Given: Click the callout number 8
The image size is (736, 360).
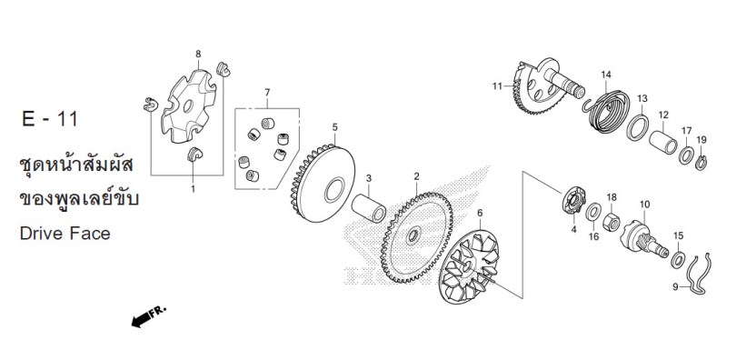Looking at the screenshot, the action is click(x=198, y=54).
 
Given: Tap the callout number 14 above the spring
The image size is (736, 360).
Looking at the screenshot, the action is click(x=606, y=75).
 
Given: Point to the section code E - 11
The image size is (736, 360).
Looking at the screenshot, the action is click(x=50, y=119).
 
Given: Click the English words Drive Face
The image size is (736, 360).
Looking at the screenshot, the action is click(x=65, y=234).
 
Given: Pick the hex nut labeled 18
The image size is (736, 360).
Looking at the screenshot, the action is click(x=612, y=220).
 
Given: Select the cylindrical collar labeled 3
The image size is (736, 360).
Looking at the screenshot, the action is click(x=370, y=208).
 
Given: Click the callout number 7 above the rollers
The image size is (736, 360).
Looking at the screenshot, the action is click(x=267, y=92).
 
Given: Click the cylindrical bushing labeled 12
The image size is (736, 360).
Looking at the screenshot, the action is click(x=662, y=142).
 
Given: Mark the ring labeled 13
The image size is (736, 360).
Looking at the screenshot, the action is click(x=638, y=127).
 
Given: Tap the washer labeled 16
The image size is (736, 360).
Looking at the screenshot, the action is click(x=593, y=212).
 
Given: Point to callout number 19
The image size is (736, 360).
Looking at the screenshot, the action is click(x=701, y=139).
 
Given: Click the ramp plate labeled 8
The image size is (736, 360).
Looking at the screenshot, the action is click(x=188, y=107).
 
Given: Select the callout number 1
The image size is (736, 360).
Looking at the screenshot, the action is click(x=193, y=189).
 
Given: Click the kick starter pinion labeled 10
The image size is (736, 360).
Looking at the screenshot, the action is click(x=643, y=239).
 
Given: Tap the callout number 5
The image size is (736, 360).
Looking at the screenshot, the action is click(x=334, y=126).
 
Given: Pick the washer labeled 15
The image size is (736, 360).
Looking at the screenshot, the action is click(x=677, y=260).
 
